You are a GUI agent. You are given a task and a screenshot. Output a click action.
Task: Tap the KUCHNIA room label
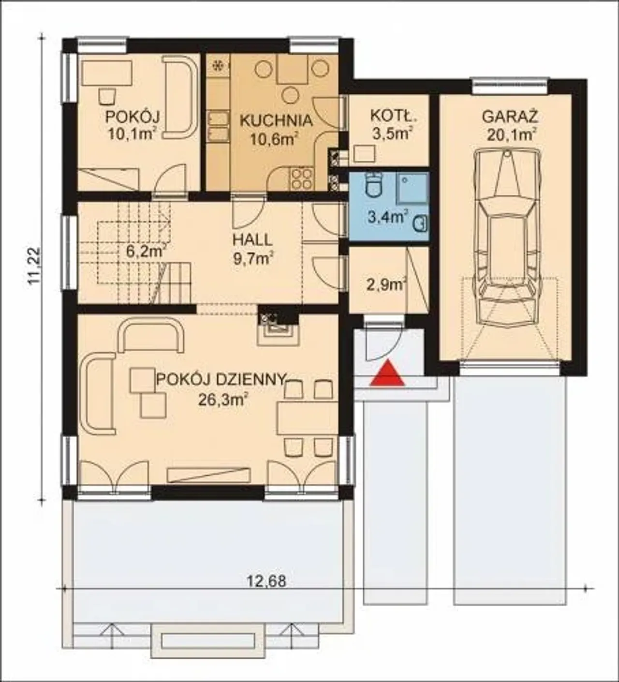[x=276, y=121]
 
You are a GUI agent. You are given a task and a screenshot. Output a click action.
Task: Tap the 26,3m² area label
[x=222, y=400]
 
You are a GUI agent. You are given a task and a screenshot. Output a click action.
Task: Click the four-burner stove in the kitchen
[x=302, y=179]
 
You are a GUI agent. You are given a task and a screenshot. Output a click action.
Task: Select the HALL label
[x=252, y=240]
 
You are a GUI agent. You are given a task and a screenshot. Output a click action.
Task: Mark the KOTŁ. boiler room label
[x=394, y=116]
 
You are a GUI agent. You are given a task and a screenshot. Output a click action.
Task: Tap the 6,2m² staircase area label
[x=146, y=251]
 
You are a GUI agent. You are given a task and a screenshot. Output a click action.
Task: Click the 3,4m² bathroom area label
[x=388, y=217]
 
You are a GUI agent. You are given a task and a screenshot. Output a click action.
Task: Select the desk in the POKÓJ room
[x=108, y=73]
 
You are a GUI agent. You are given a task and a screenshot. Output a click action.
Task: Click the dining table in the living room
[x=308, y=418]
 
